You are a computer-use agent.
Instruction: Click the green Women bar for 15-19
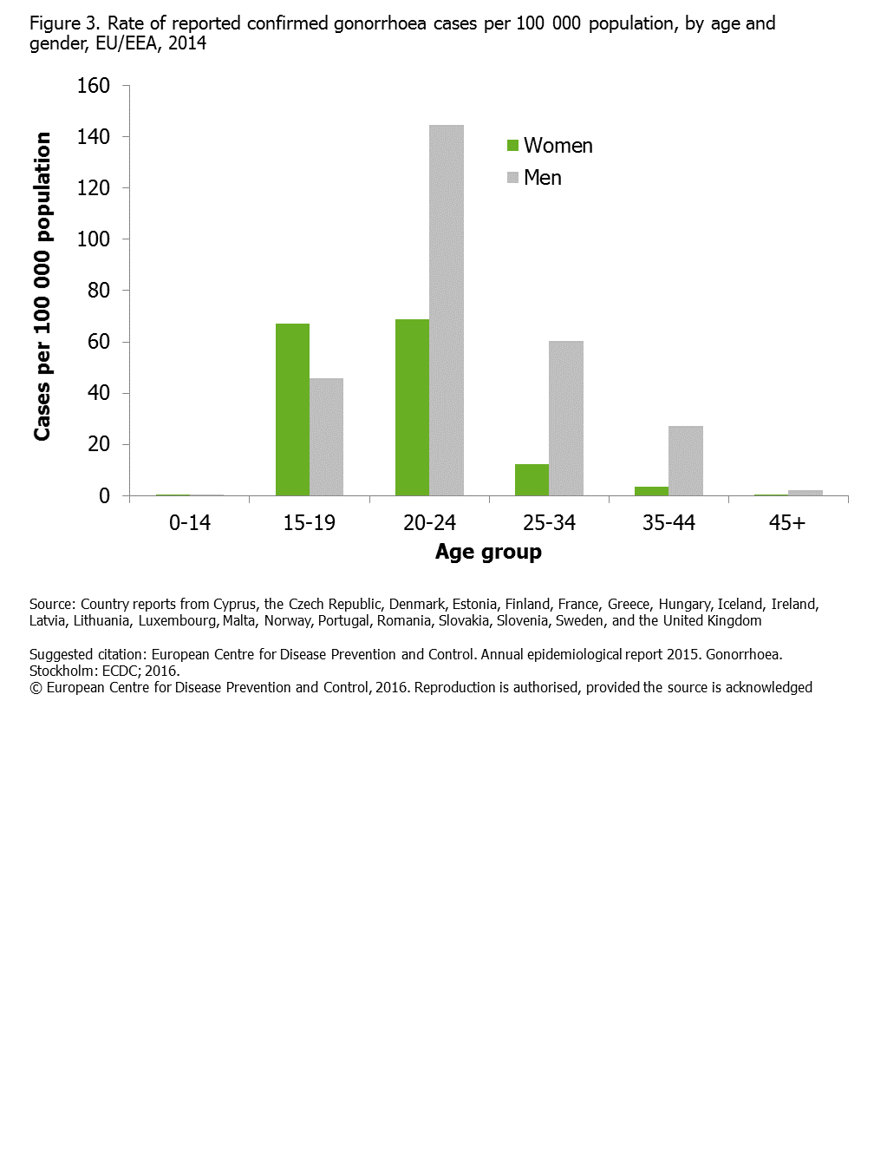292,409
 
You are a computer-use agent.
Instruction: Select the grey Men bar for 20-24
447,311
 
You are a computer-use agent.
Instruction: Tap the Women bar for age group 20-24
412,408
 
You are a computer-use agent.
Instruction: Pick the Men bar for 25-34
566,418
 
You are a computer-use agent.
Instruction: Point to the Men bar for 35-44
686,461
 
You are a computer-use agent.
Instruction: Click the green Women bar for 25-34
532,480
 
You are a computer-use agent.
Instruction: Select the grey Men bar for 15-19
326,437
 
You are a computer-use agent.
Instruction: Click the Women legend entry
550,146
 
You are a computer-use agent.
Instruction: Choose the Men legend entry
534,178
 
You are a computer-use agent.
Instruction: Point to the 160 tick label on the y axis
94,86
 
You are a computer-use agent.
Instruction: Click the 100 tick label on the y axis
94,239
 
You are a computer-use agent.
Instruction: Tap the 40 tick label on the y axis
99,393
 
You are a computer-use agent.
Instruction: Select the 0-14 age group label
190,523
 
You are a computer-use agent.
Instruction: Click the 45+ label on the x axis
787,523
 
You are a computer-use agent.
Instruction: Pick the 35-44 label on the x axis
669,523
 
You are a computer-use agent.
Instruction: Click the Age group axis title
488,553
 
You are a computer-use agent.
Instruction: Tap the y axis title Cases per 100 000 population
42,286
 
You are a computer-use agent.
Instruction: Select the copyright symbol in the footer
36,688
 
